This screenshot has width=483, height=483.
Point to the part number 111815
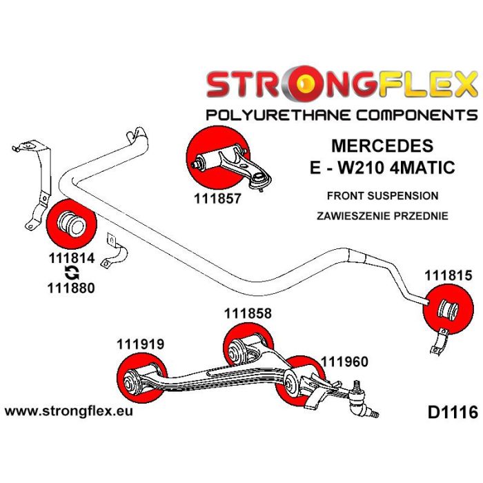[448, 277]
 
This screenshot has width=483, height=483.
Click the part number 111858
[247, 313]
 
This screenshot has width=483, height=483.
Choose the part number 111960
[344, 360]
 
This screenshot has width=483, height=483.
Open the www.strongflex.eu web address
[69, 412]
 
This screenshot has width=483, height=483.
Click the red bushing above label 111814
[69, 223]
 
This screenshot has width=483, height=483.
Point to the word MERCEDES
[383, 146]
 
